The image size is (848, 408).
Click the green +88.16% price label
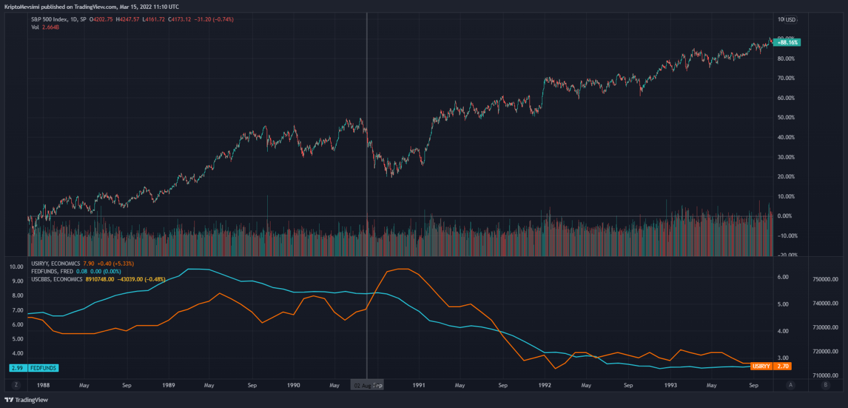[788, 42]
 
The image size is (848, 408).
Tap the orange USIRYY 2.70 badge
[771, 366]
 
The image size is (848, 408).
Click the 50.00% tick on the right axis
[785, 118]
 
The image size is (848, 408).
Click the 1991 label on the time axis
[419, 385]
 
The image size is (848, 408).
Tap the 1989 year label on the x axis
[169, 385]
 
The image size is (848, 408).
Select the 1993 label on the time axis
[671, 385]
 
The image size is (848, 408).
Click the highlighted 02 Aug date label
[363, 385]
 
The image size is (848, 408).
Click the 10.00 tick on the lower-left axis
[17, 267]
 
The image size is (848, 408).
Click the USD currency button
[791, 20]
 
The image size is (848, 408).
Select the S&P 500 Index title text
[50, 19]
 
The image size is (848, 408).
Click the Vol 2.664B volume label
[45, 27]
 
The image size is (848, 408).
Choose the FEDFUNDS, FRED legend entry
[52, 271]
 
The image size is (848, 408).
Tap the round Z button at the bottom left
[16, 385]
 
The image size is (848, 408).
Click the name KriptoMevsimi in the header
[22, 7]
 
